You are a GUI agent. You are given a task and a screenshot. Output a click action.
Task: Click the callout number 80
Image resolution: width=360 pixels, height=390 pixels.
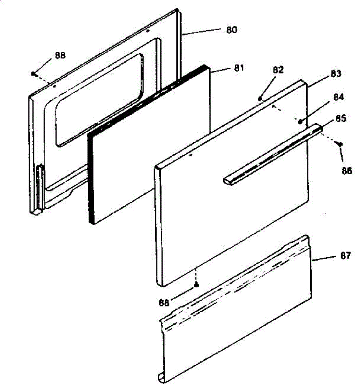[x=231, y=30]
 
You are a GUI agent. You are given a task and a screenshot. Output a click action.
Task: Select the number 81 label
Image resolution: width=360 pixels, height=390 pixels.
[x=238, y=68]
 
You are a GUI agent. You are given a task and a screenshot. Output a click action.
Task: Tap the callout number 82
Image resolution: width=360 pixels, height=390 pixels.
[x=278, y=70]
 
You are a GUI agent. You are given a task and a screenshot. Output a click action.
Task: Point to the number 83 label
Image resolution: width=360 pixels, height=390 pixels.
[x=336, y=74]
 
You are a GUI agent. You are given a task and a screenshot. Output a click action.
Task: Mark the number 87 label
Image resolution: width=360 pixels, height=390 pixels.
[x=345, y=256]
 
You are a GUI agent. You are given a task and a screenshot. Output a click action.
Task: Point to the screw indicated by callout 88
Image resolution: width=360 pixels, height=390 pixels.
[x=33, y=74]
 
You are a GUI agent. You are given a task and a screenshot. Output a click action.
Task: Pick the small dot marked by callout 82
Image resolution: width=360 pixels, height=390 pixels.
[x=260, y=98]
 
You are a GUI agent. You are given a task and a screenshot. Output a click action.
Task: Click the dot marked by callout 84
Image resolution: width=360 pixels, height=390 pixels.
[x=300, y=122]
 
